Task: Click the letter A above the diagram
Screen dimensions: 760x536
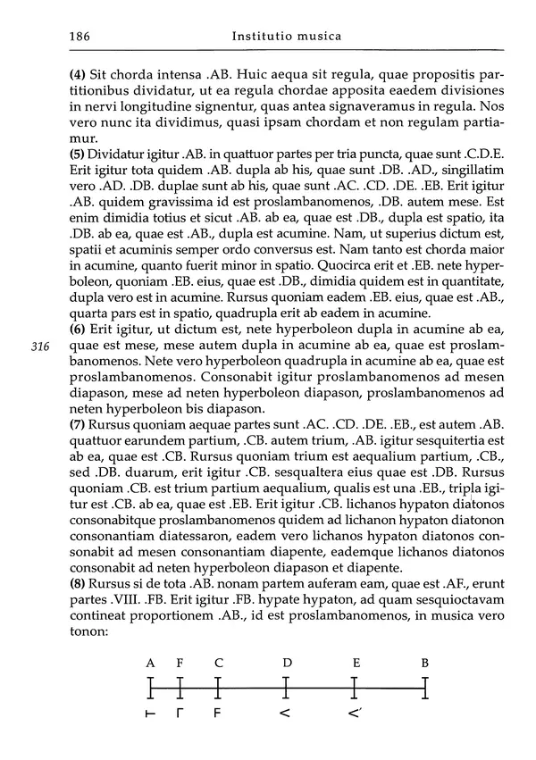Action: click(x=151, y=663)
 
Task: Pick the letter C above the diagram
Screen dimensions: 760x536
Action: click(x=219, y=663)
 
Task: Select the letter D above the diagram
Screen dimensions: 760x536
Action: click(x=287, y=663)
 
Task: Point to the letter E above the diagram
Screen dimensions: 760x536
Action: click(x=356, y=663)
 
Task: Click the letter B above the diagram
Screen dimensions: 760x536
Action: click(x=425, y=663)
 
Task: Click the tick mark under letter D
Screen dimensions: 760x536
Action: click(x=286, y=688)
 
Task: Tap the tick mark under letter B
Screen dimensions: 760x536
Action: click(x=426, y=688)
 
